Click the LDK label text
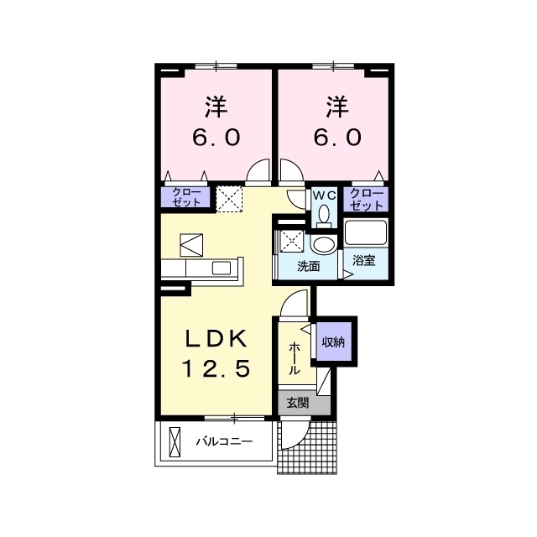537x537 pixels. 216,339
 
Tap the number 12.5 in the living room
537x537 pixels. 216,369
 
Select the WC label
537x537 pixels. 324,196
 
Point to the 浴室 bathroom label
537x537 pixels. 363,261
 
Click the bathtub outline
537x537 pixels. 366,232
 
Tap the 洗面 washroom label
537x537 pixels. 308,266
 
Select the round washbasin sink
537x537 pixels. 324,245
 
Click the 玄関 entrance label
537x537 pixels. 298,403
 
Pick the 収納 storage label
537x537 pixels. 333,341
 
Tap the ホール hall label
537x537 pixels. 294,358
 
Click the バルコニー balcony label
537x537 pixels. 224,441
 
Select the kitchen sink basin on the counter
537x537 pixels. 222,268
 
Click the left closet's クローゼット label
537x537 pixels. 186,197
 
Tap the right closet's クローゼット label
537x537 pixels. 366,199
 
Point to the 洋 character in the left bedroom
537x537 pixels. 216,107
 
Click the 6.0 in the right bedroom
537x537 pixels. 337,138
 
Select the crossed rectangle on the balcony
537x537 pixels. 175,442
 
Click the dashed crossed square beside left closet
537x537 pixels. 229,200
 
